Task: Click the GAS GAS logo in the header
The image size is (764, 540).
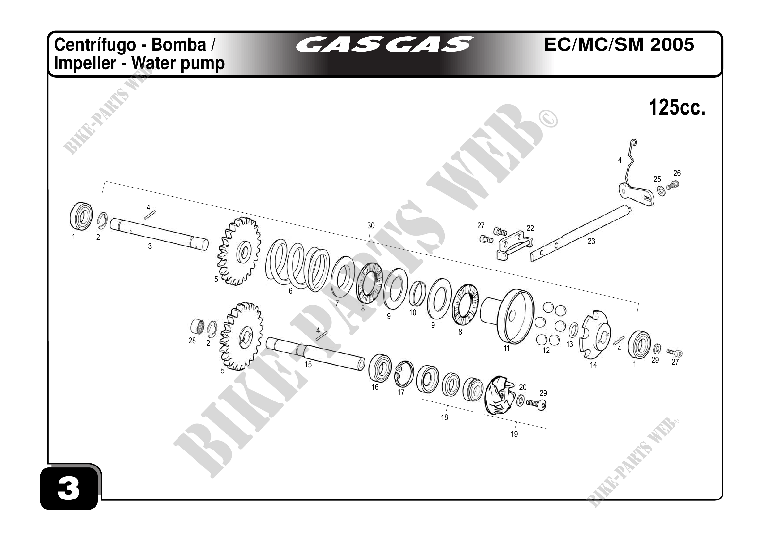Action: coord(385,45)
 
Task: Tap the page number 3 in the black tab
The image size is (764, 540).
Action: coord(69,489)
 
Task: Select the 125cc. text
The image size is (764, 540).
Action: coord(677,108)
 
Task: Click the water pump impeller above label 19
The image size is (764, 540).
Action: coord(499,395)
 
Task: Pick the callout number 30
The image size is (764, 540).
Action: coord(371,226)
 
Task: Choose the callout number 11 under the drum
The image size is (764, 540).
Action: coord(506,348)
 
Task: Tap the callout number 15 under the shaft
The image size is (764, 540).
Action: coord(308,365)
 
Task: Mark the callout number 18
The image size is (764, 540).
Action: coord(445,417)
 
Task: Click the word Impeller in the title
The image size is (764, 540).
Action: coord(85,63)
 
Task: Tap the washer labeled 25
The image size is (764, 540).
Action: coord(662,191)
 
